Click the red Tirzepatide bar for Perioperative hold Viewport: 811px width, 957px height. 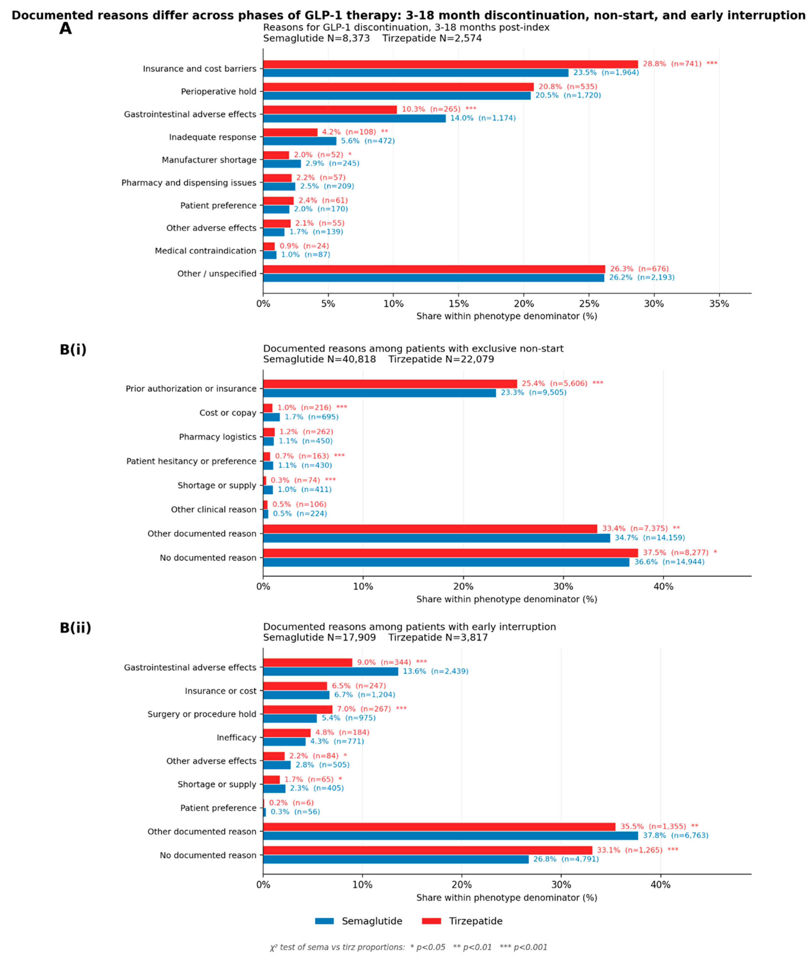[398, 87]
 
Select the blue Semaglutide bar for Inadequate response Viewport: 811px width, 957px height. [300, 141]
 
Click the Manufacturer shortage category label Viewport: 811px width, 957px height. [209, 160]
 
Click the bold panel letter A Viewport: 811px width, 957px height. [66, 29]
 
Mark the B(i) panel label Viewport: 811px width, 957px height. [73, 350]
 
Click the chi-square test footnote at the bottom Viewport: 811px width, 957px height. [409, 947]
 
